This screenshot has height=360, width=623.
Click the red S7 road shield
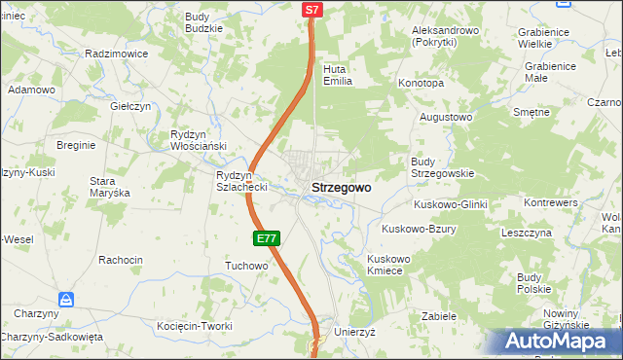pyautogui.click(x=311, y=10)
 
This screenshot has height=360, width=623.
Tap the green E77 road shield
pyautogui.click(x=269, y=238)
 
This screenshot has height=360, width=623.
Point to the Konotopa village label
pyautogui.click(x=421, y=84)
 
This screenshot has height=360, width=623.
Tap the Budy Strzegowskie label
pyautogui.click(x=442, y=167)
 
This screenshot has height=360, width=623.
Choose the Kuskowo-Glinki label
pyautogui.click(x=450, y=204)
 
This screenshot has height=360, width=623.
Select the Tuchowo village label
pyautogui.click(x=246, y=266)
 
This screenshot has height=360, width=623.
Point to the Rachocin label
pyautogui.click(x=121, y=260)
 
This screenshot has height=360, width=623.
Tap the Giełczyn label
pyautogui.click(x=129, y=106)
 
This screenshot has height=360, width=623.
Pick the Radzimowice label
pyautogui.click(x=116, y=54)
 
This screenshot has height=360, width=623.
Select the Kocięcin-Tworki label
pyautogui.click(x=195, y=326)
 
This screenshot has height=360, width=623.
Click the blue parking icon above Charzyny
pyautogui.click(x=66, y=299)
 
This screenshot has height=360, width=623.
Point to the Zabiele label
pyautogui.click(x=439, y=317)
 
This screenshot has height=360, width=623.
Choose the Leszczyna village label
pyautogui.click(x=527, y=234)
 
